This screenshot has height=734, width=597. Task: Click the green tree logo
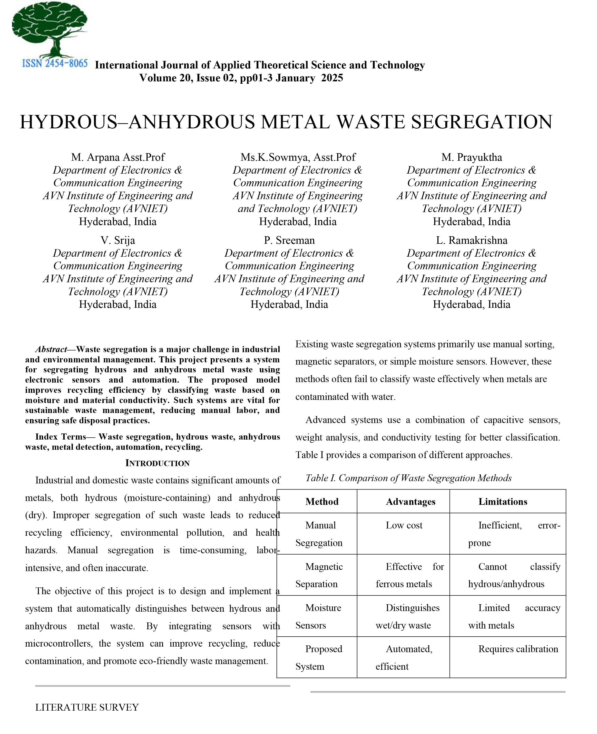click(50, 29)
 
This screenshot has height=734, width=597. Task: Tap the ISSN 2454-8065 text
click(55, 64)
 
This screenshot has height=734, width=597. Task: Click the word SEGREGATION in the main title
click(481, 122)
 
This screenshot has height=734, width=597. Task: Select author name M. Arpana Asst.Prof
click(118, 157)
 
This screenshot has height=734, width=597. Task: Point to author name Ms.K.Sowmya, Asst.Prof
click(298, 157)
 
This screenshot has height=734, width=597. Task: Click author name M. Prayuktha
click(471, 157)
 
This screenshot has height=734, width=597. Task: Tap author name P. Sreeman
click(289, 240)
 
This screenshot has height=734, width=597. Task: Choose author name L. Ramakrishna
click(471, 240)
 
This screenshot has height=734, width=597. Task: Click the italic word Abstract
click(51, 349)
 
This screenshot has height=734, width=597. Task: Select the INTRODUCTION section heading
click(157, 463)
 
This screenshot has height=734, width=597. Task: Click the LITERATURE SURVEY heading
click(87, 707)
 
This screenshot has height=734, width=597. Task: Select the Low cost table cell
click(404, 525)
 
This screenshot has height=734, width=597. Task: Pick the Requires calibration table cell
click(518, 649)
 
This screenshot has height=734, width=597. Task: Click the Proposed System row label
click(319, 657)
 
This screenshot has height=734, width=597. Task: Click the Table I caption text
click(409, 478)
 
